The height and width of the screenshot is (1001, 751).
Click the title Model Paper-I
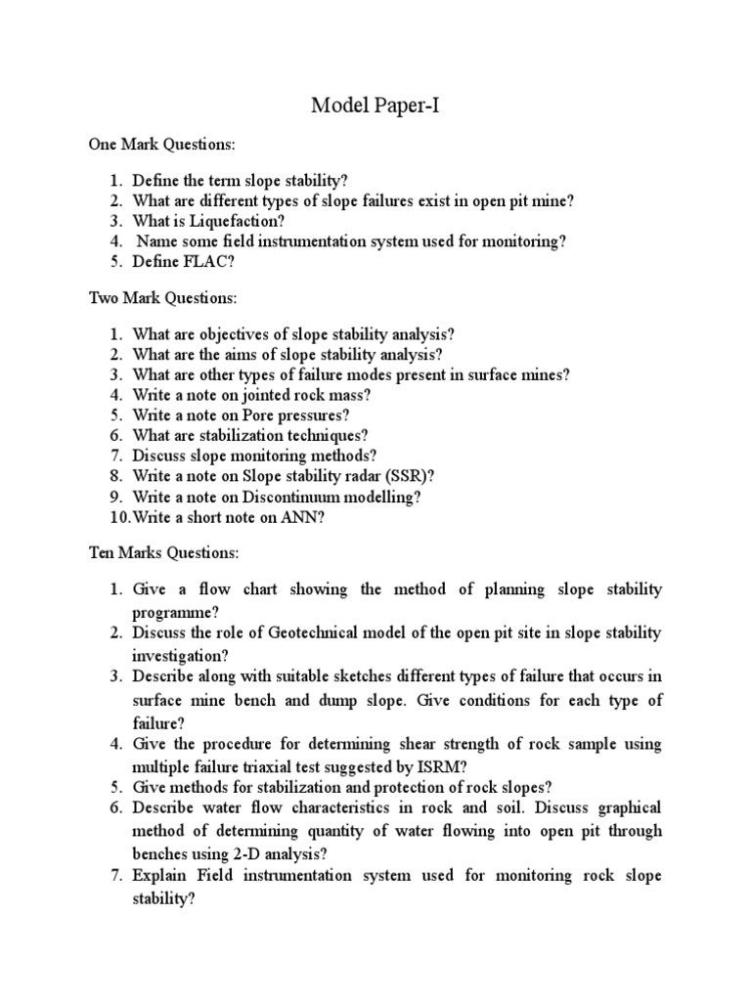pyautogui.click(x=375, y=106)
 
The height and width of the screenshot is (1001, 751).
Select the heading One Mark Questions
pyautogui.click(x=161, y=145)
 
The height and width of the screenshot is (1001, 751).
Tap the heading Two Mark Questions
pyautogui.click(x=162, y=296)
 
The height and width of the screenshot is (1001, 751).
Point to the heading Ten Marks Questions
pyautogui.click(x=163, y=553)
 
